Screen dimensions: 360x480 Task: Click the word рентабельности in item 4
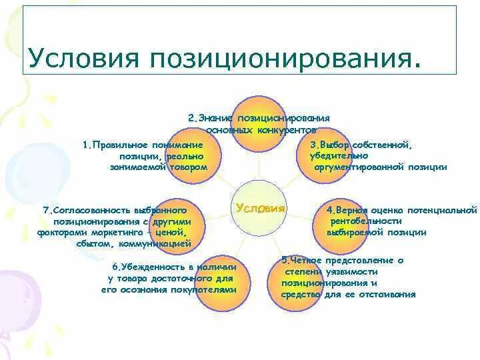click(364, 221)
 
